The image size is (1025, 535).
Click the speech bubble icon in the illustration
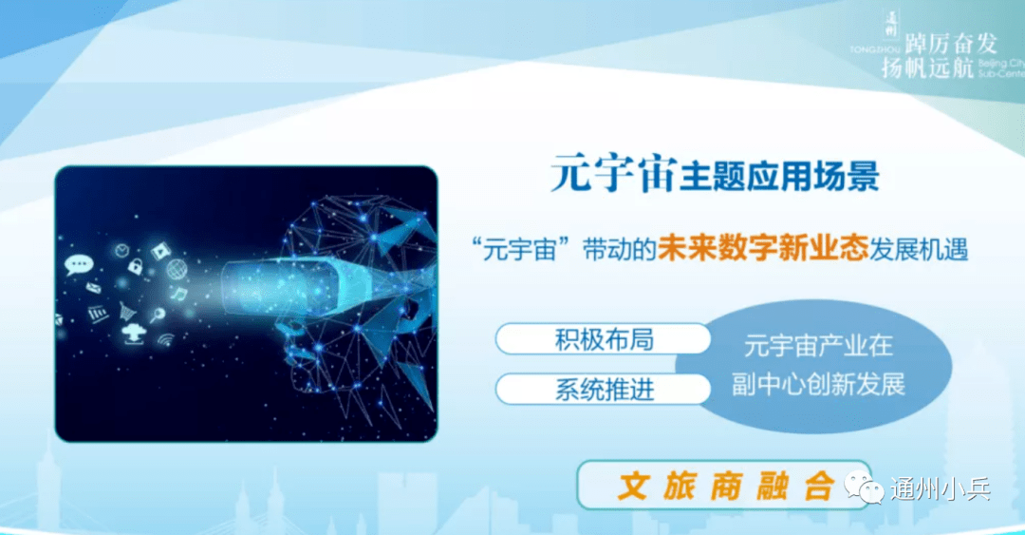pos(77,264)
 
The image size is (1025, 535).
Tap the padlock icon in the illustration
pos(135,266)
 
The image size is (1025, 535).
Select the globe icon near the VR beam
pos(177,270)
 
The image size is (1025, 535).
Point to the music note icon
pos(179,294)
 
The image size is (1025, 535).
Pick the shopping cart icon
pos(126,309)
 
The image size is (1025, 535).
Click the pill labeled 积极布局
pos(604,339)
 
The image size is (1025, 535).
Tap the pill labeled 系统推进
pos(604,389)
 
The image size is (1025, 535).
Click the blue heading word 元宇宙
pos(612,175)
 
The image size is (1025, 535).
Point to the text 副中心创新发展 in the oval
pos(818,384)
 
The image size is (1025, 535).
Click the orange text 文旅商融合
pos(724,486)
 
